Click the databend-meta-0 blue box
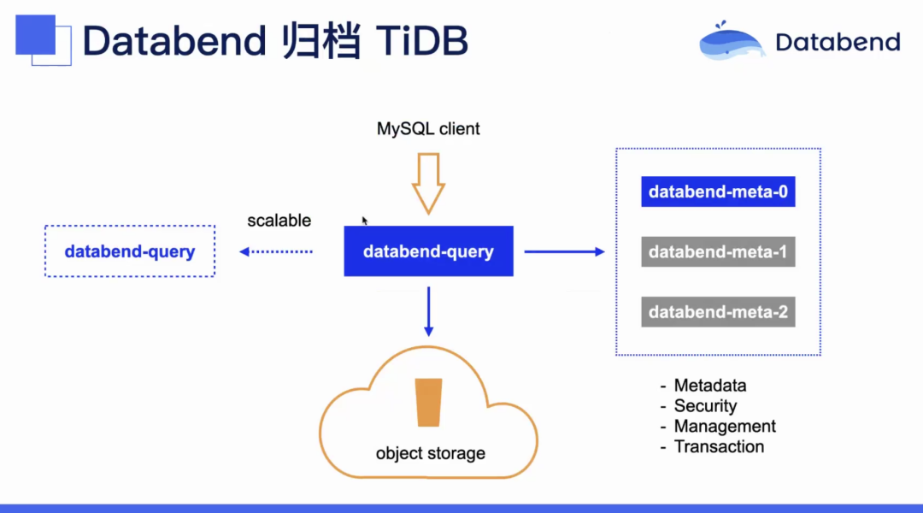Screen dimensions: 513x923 point(718,192)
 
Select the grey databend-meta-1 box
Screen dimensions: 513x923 point(718,252)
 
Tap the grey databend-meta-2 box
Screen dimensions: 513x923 point(718,312)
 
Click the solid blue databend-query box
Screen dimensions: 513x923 point(428,251)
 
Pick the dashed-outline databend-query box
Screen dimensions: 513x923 point(130,251)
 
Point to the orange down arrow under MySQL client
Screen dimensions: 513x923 point(428,182)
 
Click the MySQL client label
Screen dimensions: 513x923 point(428,129)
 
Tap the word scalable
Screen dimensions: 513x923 point(279,221)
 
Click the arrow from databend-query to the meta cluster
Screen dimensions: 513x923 point(564,251)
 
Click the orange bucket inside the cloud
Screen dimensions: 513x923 point(428,402)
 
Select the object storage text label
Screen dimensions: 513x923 point(430,453)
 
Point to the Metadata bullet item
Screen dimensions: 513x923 point(709,386)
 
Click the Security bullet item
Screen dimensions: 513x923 point(704,406)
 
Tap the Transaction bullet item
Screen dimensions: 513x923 point(718,446)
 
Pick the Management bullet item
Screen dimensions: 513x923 point(724,426)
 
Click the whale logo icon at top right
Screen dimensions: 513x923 point(732,41)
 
